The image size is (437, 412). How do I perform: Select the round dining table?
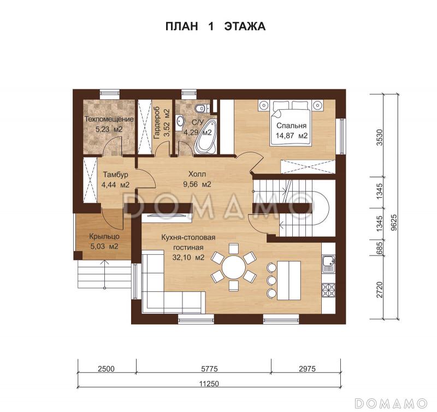click(x=234, y=267)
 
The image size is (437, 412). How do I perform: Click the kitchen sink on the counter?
click(x=329, y=264)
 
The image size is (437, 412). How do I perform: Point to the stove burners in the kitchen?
click(x=329, y=291)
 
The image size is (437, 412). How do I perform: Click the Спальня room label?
click(x=291, y=126)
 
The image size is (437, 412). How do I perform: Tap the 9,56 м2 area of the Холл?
click(x=197, y=184)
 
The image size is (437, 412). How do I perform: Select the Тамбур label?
click(x=116, y=175)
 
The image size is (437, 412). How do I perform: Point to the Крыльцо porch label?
click(x=104, y=236)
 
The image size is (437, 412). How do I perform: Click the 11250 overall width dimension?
click(x=209, y=384)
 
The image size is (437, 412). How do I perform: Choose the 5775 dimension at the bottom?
click(x=209, y=369)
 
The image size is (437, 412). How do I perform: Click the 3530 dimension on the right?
click(x=379, y=137)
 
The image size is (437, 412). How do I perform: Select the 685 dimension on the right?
click(x=379, y=248)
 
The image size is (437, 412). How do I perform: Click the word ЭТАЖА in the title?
click(x=245, y=26)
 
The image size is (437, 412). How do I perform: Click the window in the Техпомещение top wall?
click(x=110, y=94)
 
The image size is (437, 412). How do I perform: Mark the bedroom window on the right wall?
click(x=341, y=136)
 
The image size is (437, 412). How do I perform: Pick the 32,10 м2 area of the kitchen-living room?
click(x=188, y=258)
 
